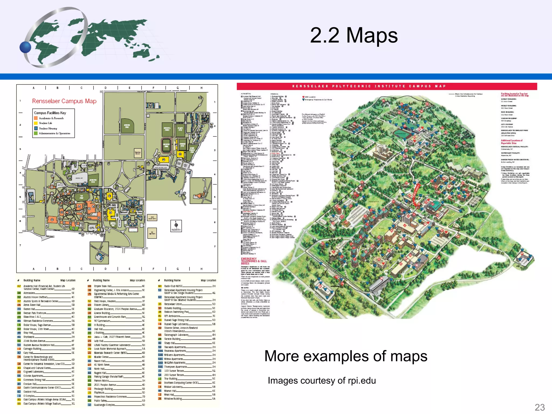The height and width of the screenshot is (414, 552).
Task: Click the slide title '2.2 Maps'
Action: point(354,35)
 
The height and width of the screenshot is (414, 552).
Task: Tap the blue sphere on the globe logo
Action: point(25,47)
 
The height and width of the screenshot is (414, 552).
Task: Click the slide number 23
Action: point(540,407)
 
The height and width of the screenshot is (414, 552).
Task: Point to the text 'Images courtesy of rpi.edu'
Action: point(322,380)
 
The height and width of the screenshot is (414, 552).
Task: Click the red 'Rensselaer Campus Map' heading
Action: point(64,101)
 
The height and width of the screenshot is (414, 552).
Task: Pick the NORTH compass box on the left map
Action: point(176,226)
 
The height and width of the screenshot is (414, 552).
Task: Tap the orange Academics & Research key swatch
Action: point(36,118)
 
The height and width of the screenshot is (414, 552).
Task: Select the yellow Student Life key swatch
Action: point(36,123)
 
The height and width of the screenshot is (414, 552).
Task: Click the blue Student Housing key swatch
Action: point(36,128)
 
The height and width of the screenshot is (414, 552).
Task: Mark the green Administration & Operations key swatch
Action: point(36,133)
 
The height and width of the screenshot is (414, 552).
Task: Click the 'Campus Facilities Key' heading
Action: point(50,113)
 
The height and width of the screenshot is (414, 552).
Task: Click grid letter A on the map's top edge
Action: point(34,88)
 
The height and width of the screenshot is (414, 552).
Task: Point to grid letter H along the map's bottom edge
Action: point(201,269)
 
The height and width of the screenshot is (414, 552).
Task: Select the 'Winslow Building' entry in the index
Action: point(173,399)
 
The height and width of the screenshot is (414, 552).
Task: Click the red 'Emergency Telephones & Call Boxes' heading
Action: point(254,261)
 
